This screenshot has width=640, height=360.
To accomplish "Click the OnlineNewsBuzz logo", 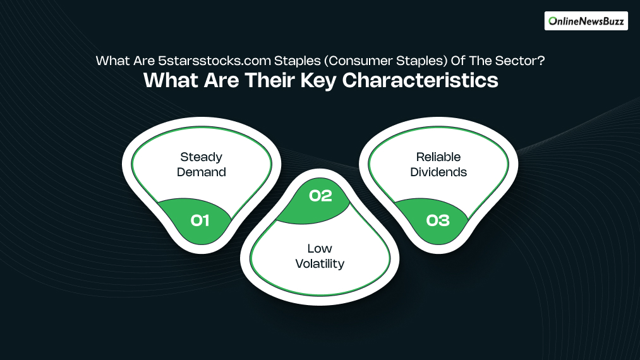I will pyautogui.click(x=586, y=21).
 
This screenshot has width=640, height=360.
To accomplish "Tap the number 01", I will pyautogui.click(x=200, y=220).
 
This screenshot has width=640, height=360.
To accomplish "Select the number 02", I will pyautogui.click(x=320, y=196).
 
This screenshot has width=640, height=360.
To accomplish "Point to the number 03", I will pyautogui.click(x=438, y=220).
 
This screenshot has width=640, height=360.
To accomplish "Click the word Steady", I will pyautogui.click(x=201, y=157).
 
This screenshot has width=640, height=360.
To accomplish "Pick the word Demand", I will pyautogui.click(x=201, y=171).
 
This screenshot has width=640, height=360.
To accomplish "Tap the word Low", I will pyautogui.click(x=320, y=248).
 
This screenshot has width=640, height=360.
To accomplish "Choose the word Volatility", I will pyautogui.click(x=320, y=263).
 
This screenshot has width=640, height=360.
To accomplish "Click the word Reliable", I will pyautogui.click(x=438, y=157).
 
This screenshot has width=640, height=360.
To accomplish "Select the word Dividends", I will pyautogui.click(x=438, y=171).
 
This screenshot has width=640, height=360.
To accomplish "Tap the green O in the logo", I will pyautogui.click(x=553, y=21).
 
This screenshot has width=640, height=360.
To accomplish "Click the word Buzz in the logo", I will pyautogui.click(x=611, y=21).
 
